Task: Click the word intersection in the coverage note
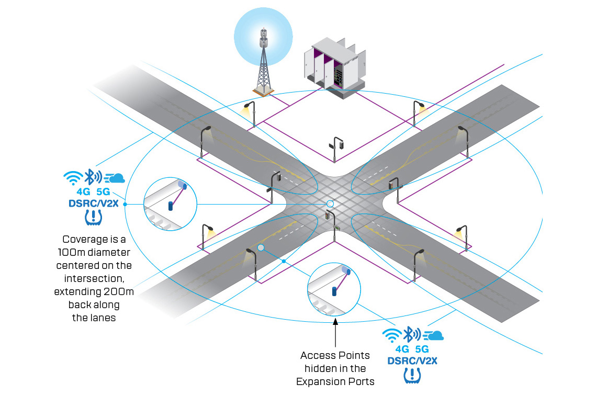(94, 278)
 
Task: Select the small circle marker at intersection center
(330, 204)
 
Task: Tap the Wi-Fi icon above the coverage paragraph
(73, 178)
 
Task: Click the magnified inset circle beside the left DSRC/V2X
(169, 205)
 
